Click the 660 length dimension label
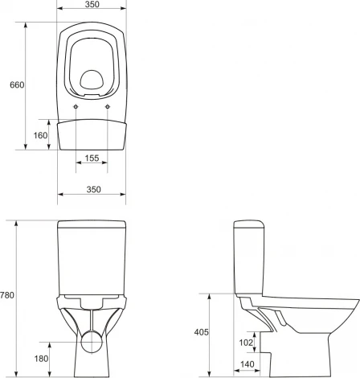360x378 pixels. tap(17, 85)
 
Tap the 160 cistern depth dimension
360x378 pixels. tap(40, 135)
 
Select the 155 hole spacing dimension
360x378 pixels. tap(92, 158)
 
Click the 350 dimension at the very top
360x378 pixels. tap(92, 4)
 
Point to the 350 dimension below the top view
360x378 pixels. tap(93, 190)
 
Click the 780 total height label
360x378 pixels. tap(6, 295)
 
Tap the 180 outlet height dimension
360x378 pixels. tap(41, 359)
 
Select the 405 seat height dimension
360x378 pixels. tap(201, 332)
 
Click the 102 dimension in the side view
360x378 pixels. tap(246, 343)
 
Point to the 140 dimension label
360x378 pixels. tap(247, 364)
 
